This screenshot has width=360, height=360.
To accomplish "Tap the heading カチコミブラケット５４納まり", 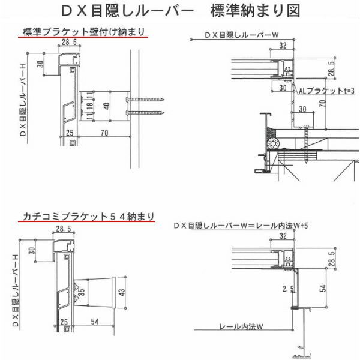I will click(88, 215).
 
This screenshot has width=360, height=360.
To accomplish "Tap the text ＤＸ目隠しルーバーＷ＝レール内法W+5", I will click(240, 225).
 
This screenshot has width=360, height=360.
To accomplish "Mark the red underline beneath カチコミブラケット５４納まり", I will click(88, 223).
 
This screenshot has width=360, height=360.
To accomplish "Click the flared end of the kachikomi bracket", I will click(110, 293).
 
